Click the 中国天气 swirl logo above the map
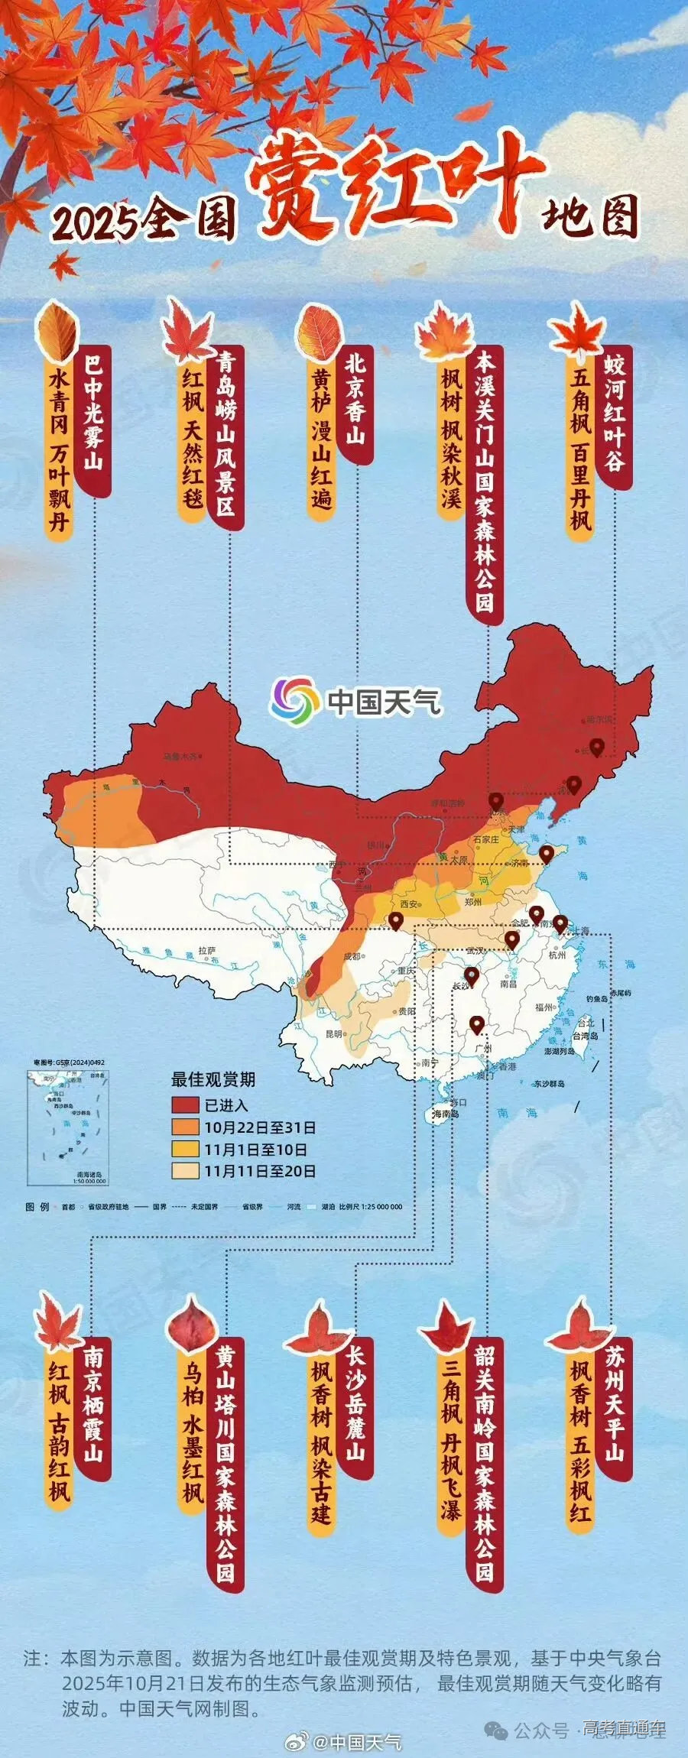(x=295, y=699)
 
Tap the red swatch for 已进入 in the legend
(x=185, y=1104)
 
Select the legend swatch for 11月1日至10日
(x=185, y=1149)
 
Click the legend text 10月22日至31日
(x=260, y=1127)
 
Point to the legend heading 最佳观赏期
(x=213, y=1079)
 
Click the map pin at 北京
(x=496, y=800)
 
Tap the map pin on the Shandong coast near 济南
(x=546, y=853)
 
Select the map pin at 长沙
(x=471, y=975)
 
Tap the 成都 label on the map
(x=352, y=956)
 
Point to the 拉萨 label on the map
(x=207, y=951)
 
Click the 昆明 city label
(x=335, y=1034)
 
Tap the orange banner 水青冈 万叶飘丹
(x=59, y=452)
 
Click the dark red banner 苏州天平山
(x=615, y=1406)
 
